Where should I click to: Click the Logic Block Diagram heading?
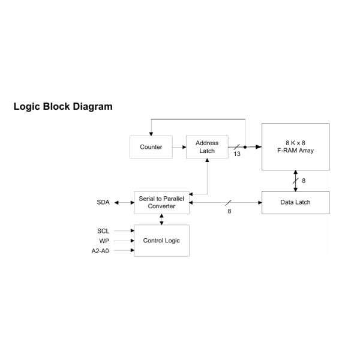click(x=63, y=107)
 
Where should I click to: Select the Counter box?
click(x=151, y=147)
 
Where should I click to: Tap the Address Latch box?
click(x=207, y=147)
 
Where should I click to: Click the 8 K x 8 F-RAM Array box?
click(x=295, y=146)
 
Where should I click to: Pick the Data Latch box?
click(x=295, y=203)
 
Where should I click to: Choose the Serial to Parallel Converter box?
click(x=161, y=202)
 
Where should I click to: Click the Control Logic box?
click(x=161, y=241)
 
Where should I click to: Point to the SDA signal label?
click(x=103, y=203)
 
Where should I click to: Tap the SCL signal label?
click(x=103, y=230)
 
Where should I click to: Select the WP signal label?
click(x=104, y=241)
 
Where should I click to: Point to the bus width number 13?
click(x=237, y=154)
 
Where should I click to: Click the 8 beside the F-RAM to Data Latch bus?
click(x=304, y=180)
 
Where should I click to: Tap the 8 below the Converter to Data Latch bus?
click(x=229, y=211)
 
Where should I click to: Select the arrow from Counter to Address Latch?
click(x=179, y=147)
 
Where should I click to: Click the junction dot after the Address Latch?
click(x=245, y=147)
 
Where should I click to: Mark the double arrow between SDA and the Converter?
click(x=124, y=203)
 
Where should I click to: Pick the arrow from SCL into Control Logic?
click(x=124, y=230)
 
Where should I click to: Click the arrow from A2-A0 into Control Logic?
click(x=124, y=250)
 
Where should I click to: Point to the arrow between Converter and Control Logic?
click(x=161, y=220)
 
